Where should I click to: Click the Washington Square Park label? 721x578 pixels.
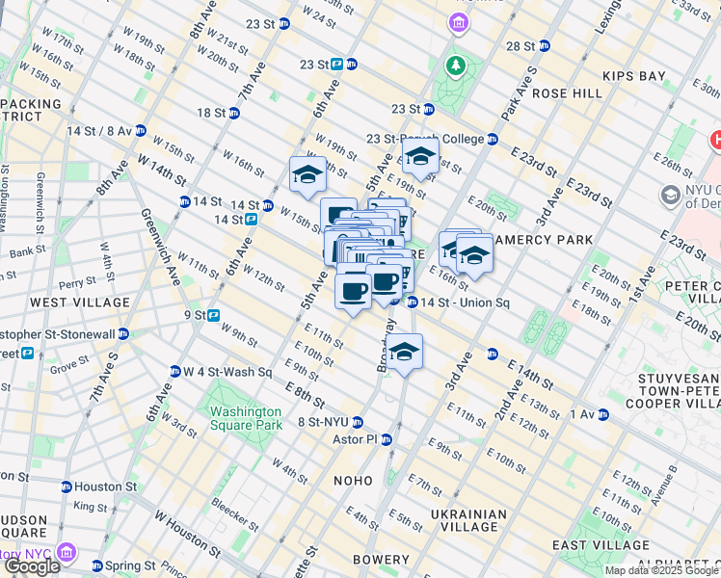(x=246, y=418)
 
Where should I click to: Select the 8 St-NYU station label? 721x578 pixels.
(x=323, y=422)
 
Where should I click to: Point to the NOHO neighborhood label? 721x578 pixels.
(x=353, y=480)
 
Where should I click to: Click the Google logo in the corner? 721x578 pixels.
(x=31, y=566)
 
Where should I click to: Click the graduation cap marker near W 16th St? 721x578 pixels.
(x=307, y=175)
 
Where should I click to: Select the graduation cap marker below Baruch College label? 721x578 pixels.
(x=420, y=157)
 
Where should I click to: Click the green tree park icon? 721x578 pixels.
(x=455, y=65)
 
